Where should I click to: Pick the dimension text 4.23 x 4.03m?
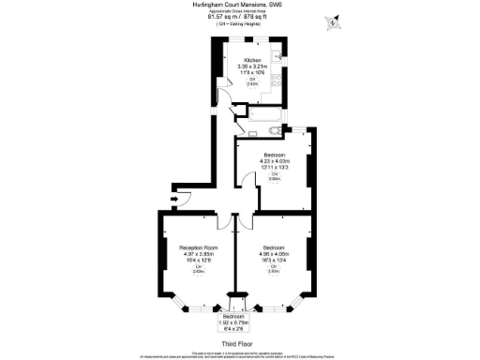click(275, 160)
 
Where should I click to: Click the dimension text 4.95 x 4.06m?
click(275, 254)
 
